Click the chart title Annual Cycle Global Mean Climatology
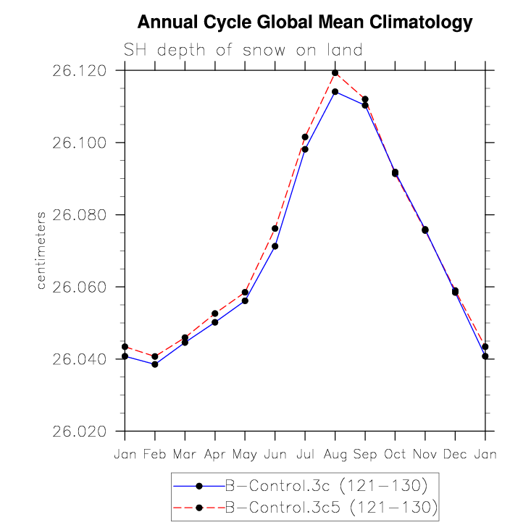pyautogui.click(x=305, y=22)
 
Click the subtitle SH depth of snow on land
pyautogui.click(x=243, y=50)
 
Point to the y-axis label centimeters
pyautogui.click(x=41, y=251)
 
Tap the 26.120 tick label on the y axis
pyautogui.click(x=79, y=71)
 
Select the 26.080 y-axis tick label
pyautogui.click(x=79, y=215)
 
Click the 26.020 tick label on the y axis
pyautogui.click(x=79, y=432)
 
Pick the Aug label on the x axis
pyautogui.click(x=335, y=454)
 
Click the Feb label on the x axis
pyautogui.click(x=155, y=454)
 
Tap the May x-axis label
pyautogui.click(x=245, y=455)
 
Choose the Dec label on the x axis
pyautogui.click(x=455, y=454)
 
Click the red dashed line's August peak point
pyautogui.click(x=335, y=72)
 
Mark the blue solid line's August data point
pyautogui.click(x=335, y=92)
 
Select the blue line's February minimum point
pyautogui.click(x=155, y=364)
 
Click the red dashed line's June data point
pyautogui.click(x=275, y=229)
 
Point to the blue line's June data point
pyautogui.click(x=275, y=246)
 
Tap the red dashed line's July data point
pyautogui.click(x=305, y=137)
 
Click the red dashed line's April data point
pyautogui.click(x=214, y=314)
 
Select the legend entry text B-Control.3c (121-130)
pyautogui.click(x=327, y=486)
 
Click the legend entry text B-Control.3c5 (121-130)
pyautogui.click(x=331, y=508)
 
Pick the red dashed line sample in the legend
pyautogui.click(x=199, y=508)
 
